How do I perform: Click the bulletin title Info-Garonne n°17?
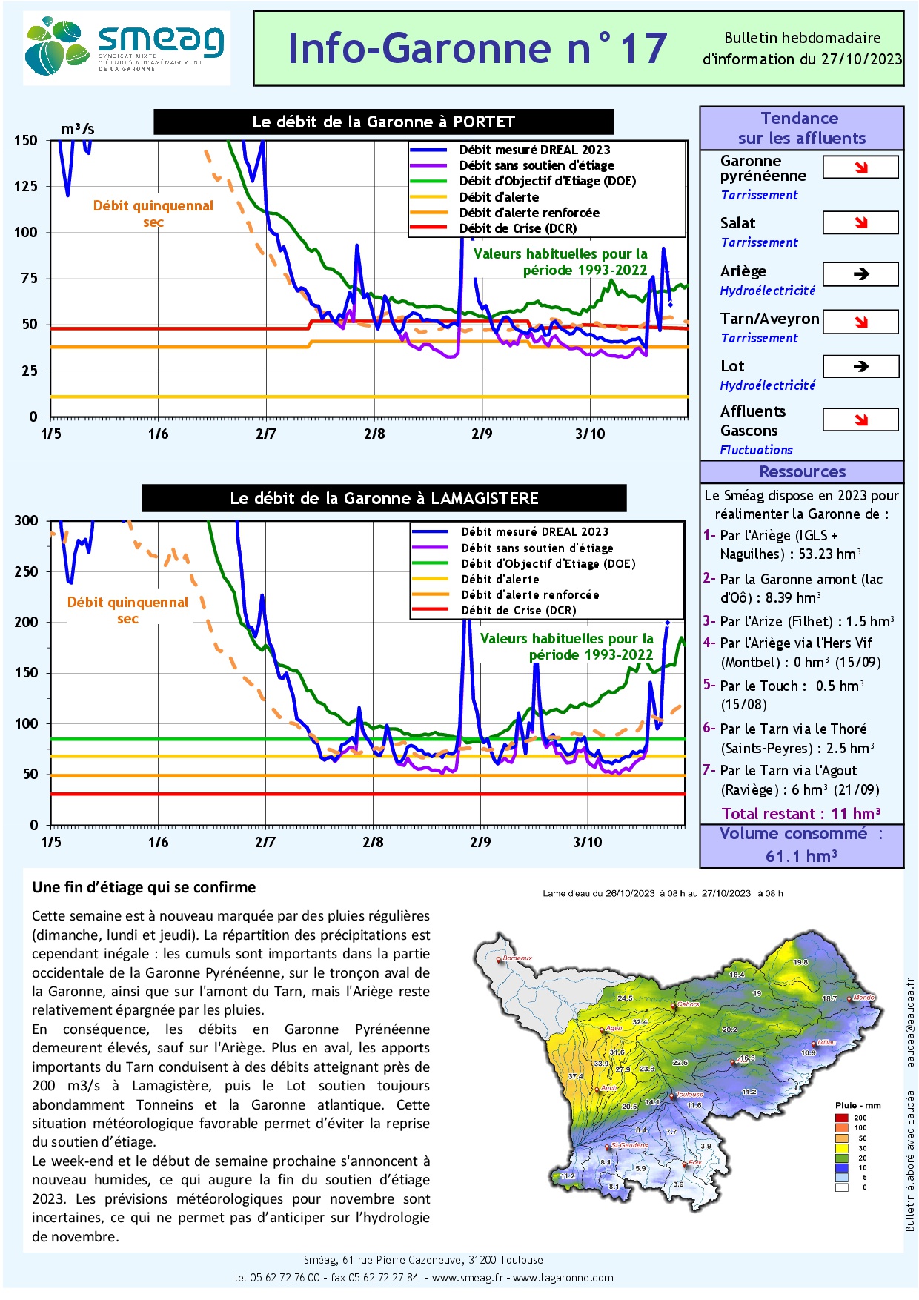tap(477, 48)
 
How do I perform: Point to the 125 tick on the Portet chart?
tap(26, 186)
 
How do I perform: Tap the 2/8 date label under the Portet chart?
tap(374, 434)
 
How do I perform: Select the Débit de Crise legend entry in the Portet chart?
tap(517, 228)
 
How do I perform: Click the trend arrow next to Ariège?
tap(860, 274)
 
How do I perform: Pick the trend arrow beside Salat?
tap(860, 222)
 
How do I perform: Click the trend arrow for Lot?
tap(860, 366)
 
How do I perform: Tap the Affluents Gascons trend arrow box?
tap(860, 420)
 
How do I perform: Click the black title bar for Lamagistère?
tap(384, 498)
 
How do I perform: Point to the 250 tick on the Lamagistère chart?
tap(26, 571)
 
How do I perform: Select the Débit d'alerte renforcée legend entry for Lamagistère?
tap(530, 594)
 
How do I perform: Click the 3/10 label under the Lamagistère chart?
tap(588, 842)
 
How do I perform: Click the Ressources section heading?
tap(802, 472)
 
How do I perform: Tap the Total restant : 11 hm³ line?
tap(801, 814)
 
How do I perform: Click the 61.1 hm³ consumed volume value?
tap(801, 856)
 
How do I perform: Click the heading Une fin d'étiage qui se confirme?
tap(144, 887)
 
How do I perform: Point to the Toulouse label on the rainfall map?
tap(689, 1094)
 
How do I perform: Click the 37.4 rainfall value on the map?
tap(575, 1076)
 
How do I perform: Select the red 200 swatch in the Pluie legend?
tap(841, 1118)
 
